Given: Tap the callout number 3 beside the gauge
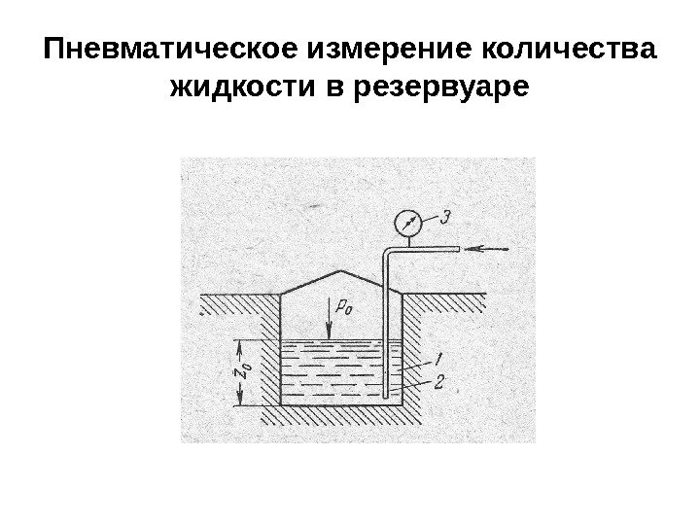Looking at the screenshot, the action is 444,218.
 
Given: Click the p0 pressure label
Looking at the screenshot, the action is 342,307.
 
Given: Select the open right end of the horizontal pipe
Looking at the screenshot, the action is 457,250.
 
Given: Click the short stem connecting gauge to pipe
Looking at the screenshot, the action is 406,242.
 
